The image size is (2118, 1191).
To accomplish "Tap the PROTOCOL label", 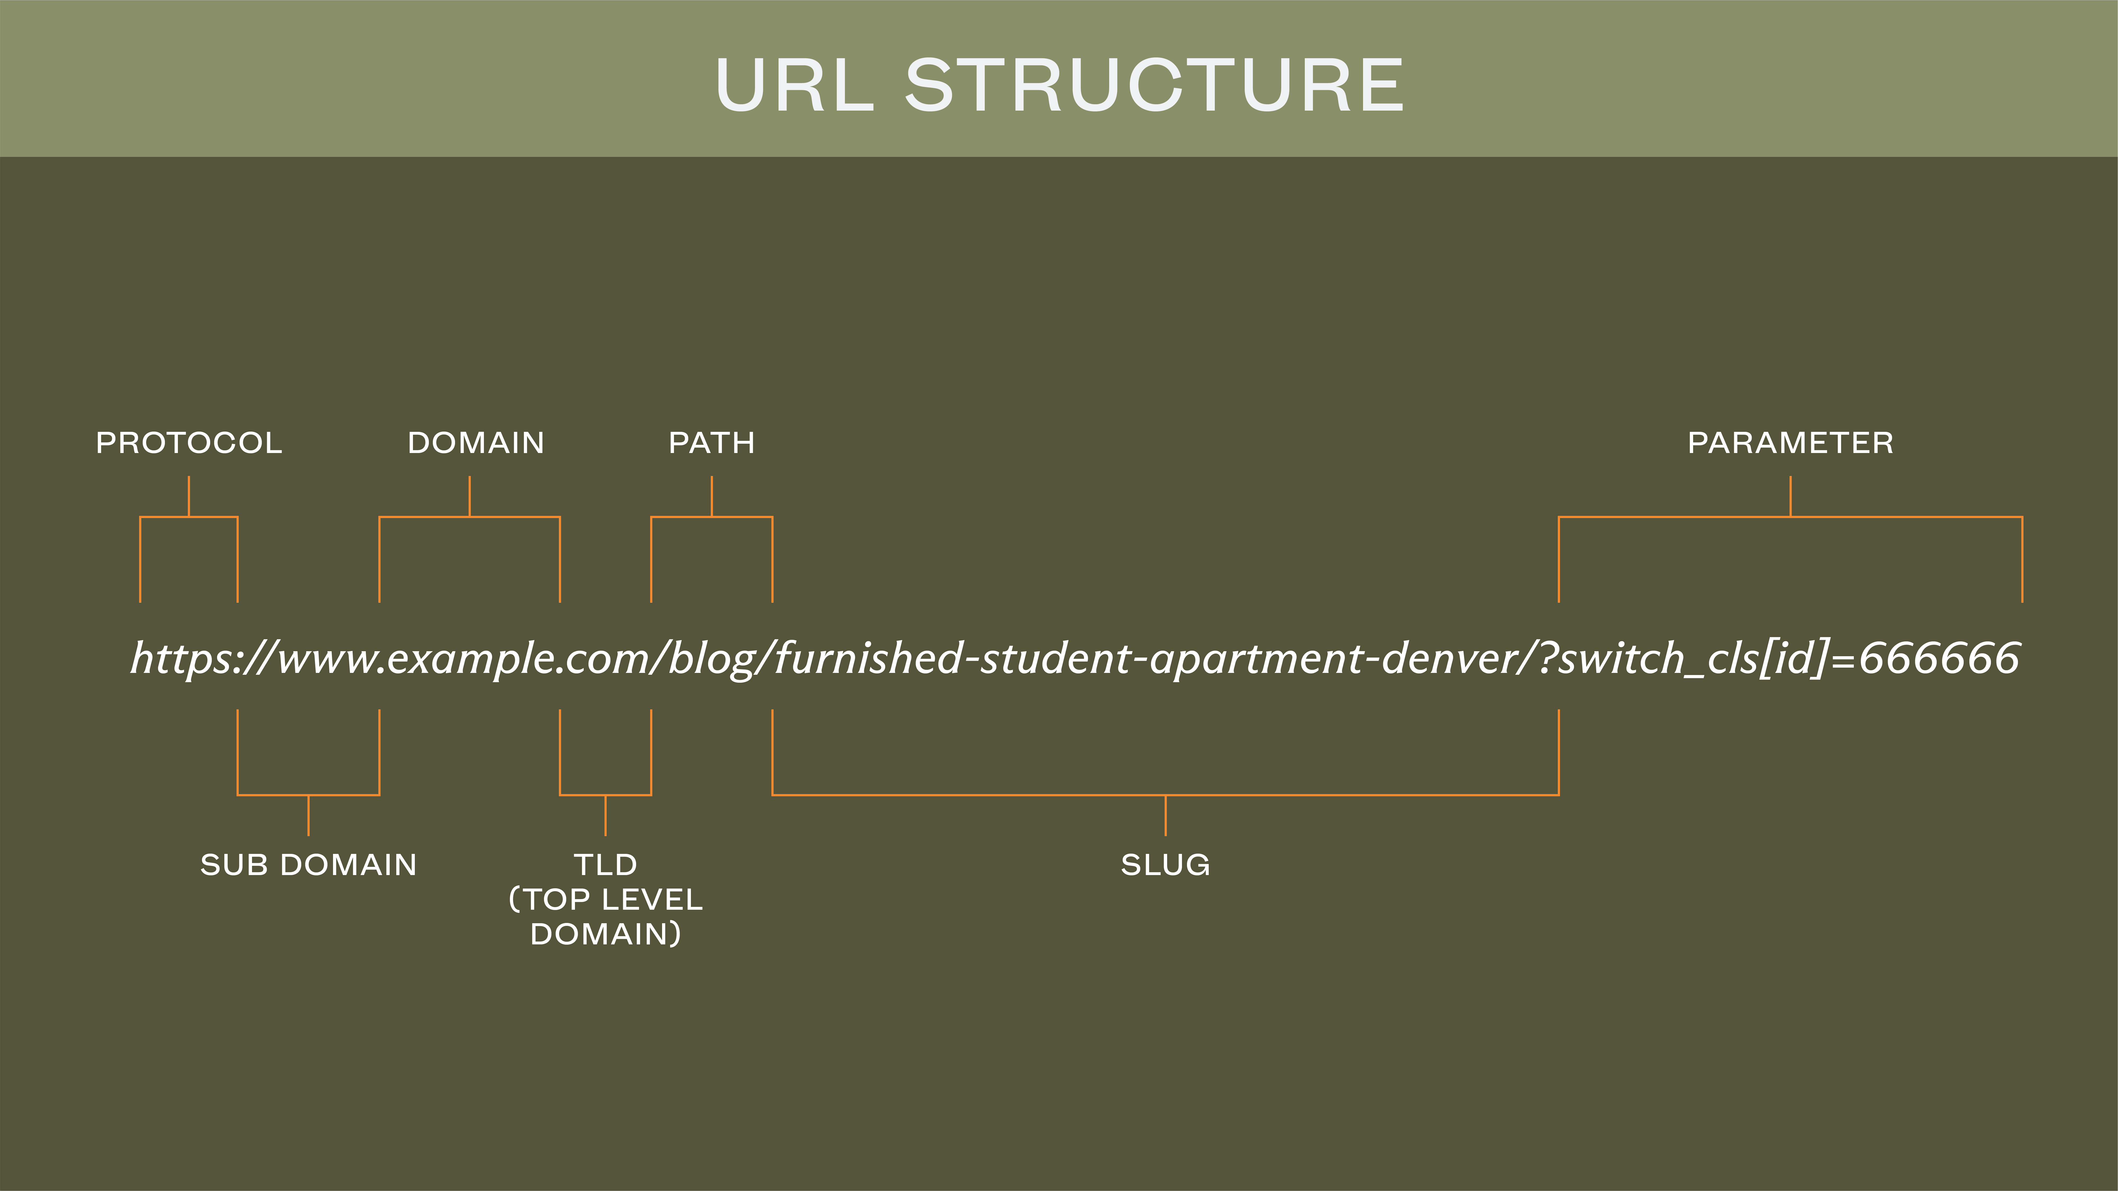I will tap(189, 443).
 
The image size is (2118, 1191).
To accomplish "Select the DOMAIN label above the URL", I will tap(476, 443).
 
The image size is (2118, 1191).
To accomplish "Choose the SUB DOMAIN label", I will tap(308, 865).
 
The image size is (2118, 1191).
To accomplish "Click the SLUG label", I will tap(1165, 865).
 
